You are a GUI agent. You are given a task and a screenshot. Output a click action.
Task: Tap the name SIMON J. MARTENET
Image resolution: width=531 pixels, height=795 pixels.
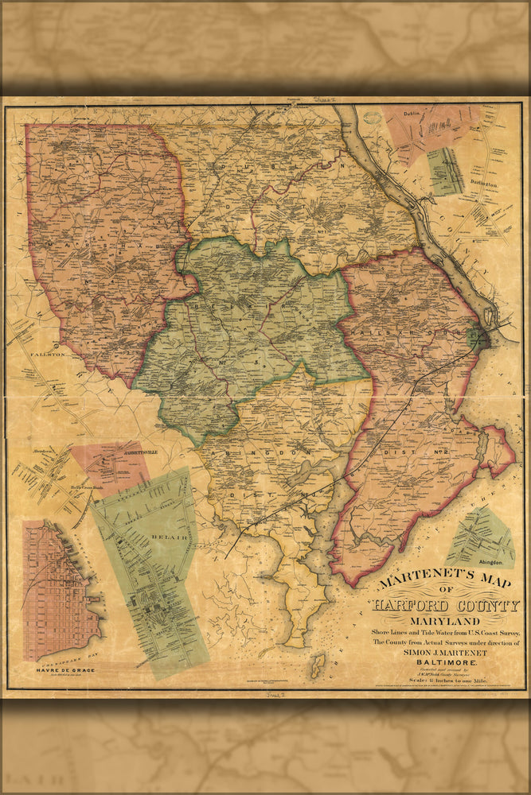[444, 652]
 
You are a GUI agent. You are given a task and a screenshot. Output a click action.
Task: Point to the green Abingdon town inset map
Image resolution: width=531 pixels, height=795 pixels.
[480, 538]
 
